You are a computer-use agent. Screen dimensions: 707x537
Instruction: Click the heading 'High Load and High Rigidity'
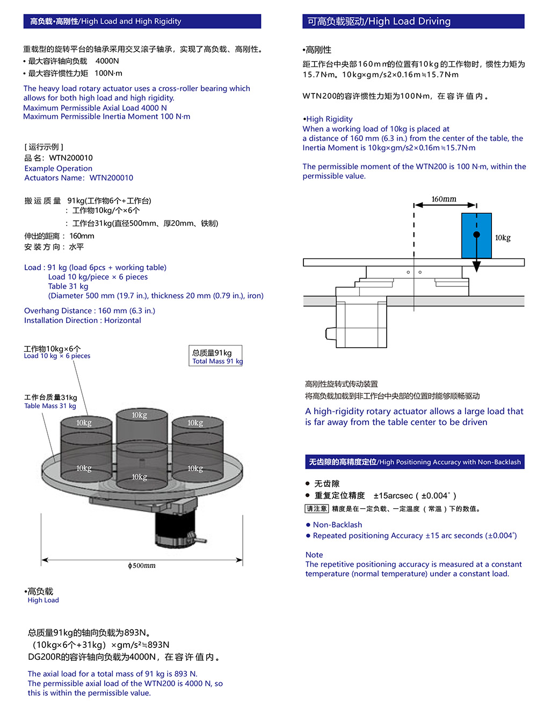pos(131,21)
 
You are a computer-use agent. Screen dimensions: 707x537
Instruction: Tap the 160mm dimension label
pos(444,199)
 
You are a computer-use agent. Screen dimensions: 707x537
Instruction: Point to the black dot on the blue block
pos(476,235)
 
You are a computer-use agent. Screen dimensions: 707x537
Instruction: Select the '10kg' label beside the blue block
pos(503,238)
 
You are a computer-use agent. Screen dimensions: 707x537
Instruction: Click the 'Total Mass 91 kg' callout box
pos(216,356)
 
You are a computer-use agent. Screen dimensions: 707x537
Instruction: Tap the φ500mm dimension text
pos(142,566)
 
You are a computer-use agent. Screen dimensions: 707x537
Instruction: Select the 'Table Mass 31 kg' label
pos(50,406)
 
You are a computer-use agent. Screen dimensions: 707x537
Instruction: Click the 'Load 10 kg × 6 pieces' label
pos(57,356)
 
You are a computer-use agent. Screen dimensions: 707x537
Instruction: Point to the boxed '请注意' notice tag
pos(316,509)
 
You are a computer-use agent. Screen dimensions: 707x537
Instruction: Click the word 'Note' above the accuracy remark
pos(314,555)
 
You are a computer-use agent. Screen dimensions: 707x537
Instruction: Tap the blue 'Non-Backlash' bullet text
pos(337,525)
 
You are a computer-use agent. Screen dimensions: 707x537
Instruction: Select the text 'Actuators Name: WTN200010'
pos(78,178)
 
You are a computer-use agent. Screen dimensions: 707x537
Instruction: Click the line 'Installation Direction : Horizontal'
pos(82,320)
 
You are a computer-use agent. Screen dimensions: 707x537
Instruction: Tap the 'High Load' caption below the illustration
pos(43,600)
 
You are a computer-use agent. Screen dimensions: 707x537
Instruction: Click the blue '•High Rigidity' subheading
pos(328,119)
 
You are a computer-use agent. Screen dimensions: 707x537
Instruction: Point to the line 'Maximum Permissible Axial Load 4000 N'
pos(95,107)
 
